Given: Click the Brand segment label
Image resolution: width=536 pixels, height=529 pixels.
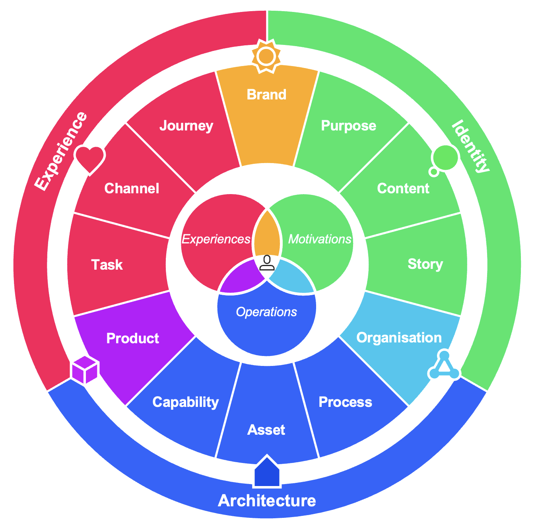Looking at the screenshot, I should click(x=266, y=95).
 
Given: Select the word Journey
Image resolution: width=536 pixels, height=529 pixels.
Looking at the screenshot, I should click(x=186, y=126).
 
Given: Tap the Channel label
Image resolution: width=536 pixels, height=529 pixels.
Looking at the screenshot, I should click(x=132, y=188).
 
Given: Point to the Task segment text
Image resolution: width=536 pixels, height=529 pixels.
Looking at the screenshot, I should click(x=107, y=264).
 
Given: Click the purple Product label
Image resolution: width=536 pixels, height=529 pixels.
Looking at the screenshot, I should click(x=132, y=338).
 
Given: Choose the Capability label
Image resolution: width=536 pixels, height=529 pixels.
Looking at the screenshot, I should click(x=185, y=402).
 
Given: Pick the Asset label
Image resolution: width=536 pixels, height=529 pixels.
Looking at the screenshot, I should click(x=266, y=430).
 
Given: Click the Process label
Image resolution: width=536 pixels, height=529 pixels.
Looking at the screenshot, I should click(x=345, y=402).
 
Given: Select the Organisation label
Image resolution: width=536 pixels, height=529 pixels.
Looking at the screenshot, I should click(x=399, y=337).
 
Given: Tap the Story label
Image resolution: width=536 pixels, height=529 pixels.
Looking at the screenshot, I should click(x=425, y=264).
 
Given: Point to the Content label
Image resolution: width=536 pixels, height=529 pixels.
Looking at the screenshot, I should click(x=403, y=188).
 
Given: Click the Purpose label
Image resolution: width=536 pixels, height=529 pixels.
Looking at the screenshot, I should click(x=348, y=126).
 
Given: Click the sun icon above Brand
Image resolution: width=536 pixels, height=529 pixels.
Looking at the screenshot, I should click(x=266, y=56).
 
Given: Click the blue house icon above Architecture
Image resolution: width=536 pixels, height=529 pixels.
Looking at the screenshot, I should click(x=267, y=472).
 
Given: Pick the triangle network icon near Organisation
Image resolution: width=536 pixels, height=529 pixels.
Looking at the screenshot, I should click(x=444, y=366).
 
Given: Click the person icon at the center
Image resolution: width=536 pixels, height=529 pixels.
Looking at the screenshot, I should click(x=267, y=263).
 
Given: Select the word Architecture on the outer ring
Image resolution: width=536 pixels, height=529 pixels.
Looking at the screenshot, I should click(x=267, y=500).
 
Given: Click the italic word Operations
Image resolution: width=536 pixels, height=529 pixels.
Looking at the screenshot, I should click(x=266, y=312).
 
